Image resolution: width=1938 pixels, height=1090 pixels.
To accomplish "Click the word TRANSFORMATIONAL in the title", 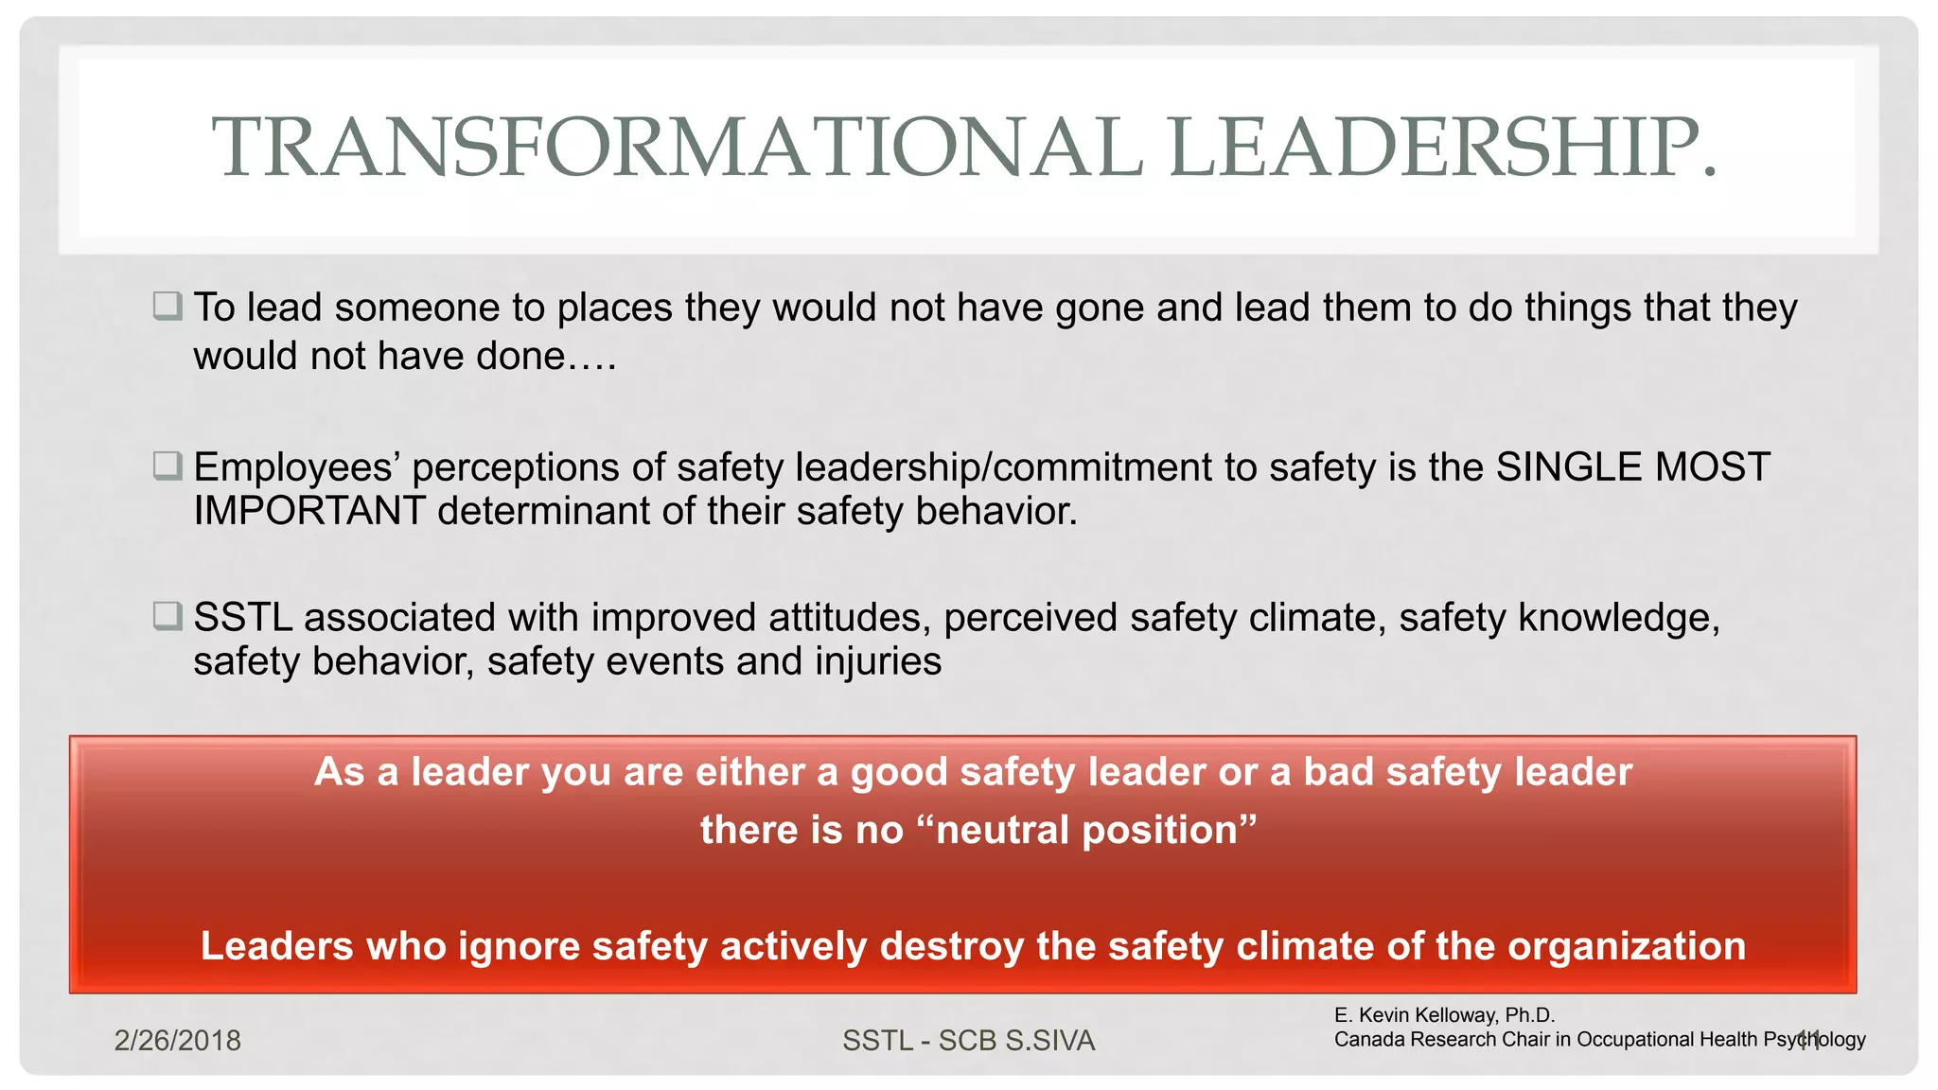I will point(677,147).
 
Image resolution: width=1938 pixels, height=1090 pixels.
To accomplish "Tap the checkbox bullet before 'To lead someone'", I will point(167,306).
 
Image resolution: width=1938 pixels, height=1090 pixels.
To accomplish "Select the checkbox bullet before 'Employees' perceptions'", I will point(167,466).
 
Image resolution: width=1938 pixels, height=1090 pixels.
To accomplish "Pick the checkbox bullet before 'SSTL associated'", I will point(167,616).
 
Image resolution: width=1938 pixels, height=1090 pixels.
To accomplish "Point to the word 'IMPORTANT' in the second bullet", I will point(309,511).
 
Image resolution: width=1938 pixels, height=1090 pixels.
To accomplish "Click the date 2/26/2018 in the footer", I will point(177,1041).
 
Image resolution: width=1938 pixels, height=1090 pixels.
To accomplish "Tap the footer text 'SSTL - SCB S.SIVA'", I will point(968,1041).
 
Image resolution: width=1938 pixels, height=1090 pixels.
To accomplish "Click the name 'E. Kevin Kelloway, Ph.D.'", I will point(1444,1015).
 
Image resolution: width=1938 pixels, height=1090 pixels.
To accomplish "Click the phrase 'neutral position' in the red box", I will point(1085,831).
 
